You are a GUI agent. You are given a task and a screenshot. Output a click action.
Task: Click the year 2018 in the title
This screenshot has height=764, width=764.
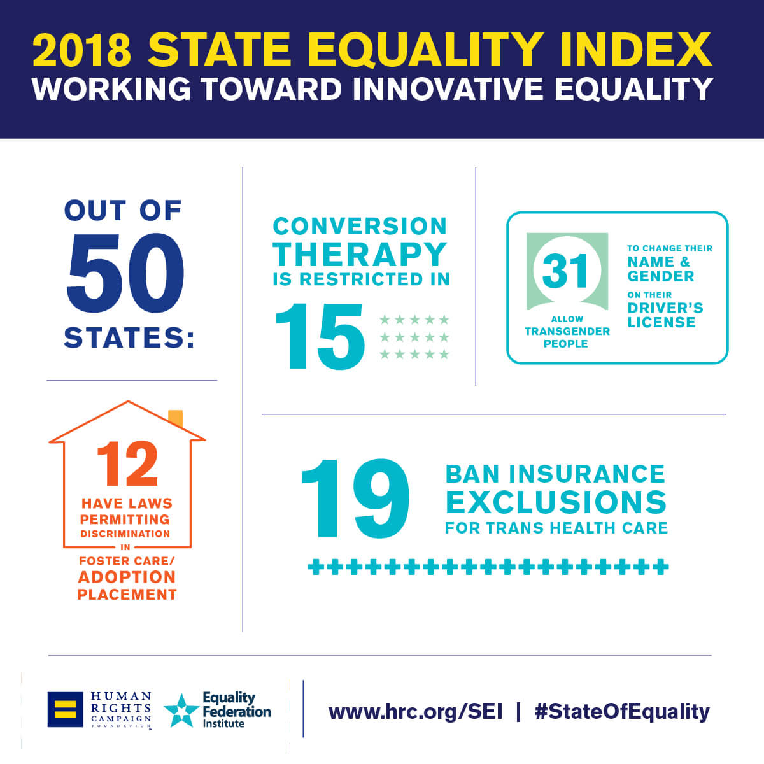click(x=82, y=50)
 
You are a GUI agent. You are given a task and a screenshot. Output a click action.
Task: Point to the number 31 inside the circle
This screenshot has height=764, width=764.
click(x=566, y=271)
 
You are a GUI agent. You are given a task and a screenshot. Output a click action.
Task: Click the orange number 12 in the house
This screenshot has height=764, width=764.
click(x=127, y=465)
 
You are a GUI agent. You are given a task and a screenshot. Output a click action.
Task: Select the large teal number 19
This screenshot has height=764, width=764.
click(x=355, y=499)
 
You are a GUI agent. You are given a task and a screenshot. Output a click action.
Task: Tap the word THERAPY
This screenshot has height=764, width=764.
click(x=360, y=254)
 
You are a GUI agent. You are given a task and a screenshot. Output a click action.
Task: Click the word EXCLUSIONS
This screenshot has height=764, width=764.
click(x=556, y=502)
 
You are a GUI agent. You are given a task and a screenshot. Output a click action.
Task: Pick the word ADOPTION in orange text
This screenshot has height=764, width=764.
click(x=127, y=577)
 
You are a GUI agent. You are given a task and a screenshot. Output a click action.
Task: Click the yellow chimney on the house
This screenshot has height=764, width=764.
click(x=176, y=418)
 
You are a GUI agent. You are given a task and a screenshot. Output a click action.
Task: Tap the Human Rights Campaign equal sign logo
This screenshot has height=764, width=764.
click(x=65, y=709)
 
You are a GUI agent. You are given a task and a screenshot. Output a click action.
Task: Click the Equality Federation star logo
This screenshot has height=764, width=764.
click(x=181, y=711)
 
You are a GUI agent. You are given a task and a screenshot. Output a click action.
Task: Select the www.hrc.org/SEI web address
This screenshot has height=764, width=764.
click(x=415, y=711)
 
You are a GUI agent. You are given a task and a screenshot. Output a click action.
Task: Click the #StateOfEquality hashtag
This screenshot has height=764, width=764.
click(x=621, y=711)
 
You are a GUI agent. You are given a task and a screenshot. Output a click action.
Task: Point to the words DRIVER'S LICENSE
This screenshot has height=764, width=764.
click(x=665, y=315)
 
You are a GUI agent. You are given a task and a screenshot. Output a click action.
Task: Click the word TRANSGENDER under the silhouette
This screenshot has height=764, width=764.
click(x=567, y=331)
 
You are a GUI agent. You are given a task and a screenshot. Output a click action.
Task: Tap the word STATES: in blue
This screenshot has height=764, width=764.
click(x=129, y=338)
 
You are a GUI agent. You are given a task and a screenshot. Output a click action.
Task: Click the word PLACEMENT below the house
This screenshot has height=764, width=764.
click(x=127, y=595)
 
